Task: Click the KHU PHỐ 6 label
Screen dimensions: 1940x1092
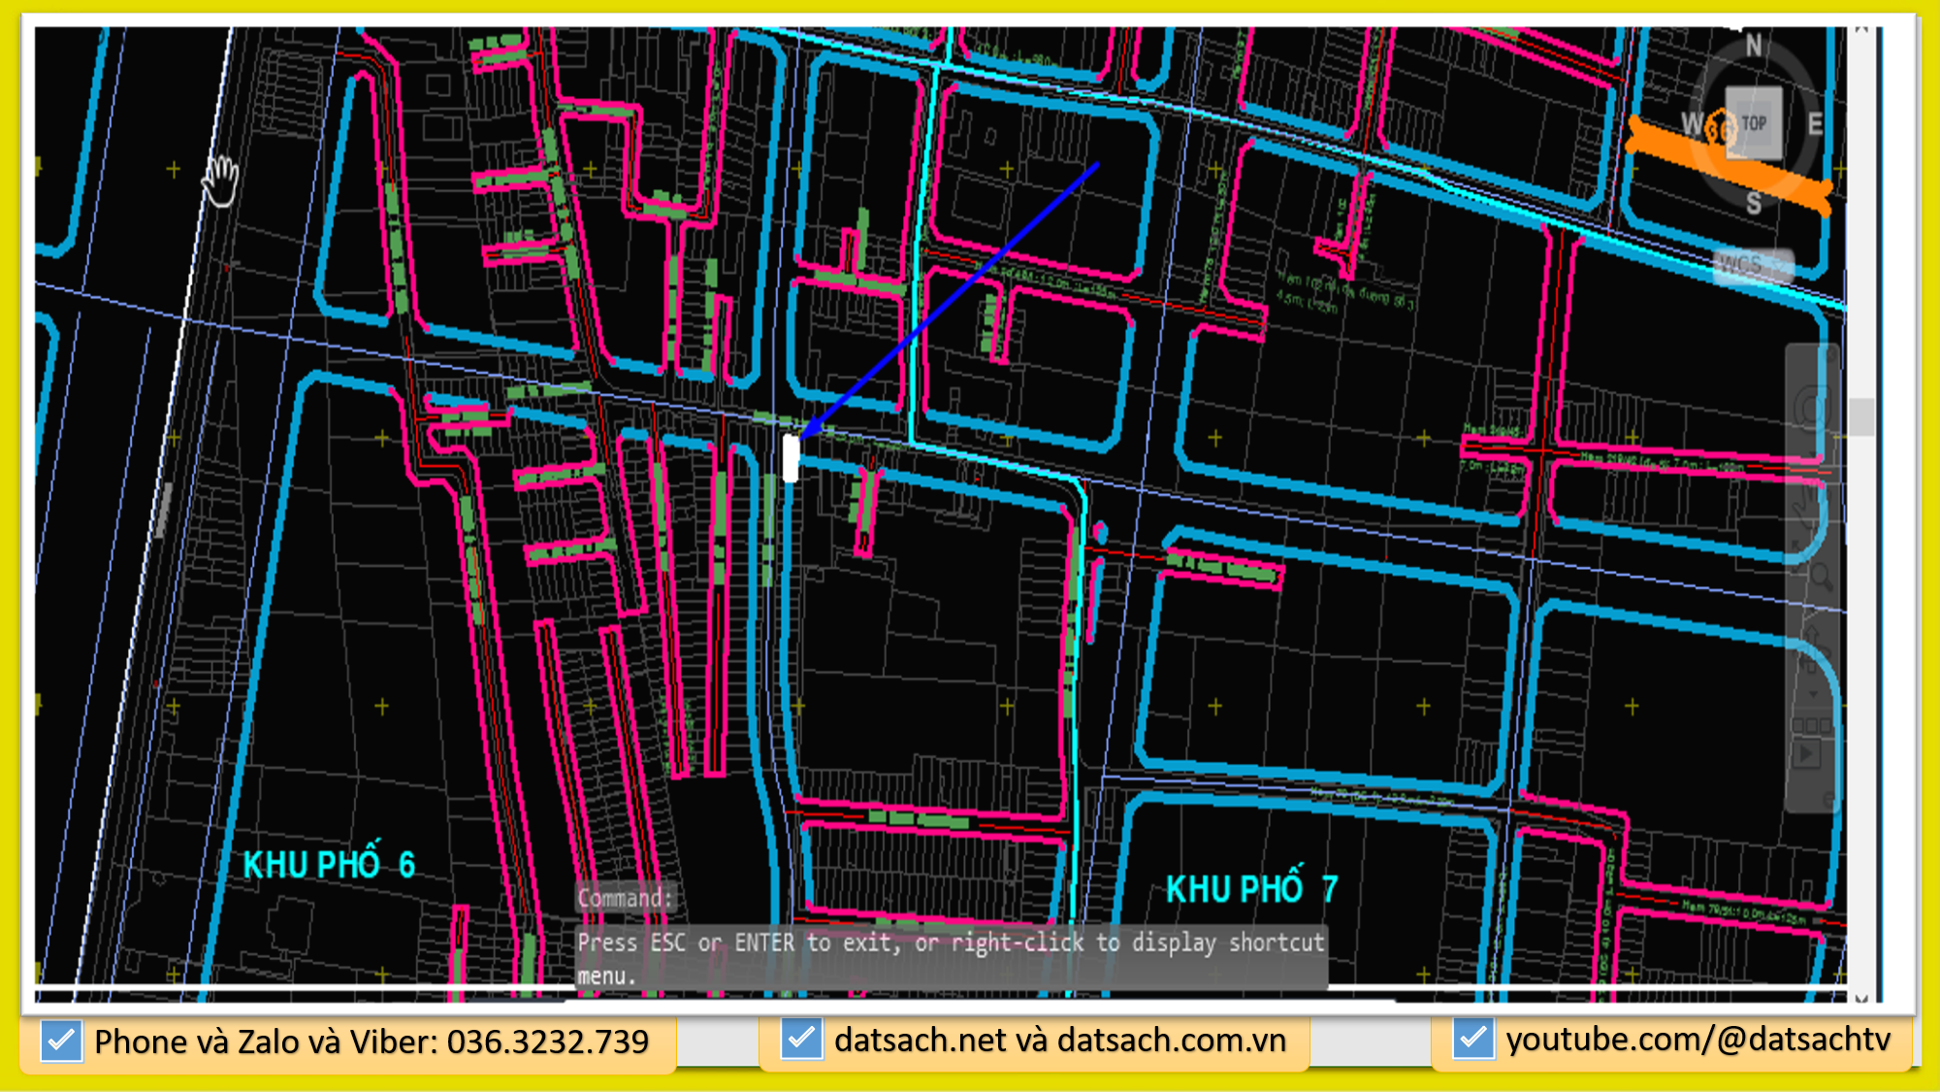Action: click(329, 864)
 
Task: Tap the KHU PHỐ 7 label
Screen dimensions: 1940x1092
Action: click(1251, 888)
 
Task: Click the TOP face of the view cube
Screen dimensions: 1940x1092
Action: click(1754, 123)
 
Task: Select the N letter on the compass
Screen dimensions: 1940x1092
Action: click(1754, 46)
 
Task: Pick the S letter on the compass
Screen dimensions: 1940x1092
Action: click(1754, 203)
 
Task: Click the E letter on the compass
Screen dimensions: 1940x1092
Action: click(1815, 124)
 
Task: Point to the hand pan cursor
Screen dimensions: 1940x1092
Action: click(221, 180)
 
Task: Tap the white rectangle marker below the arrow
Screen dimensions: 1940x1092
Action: click(791, 458)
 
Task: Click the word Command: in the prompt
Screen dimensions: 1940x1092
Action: click(624, 898)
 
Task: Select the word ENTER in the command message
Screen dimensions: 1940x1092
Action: click(764, 943)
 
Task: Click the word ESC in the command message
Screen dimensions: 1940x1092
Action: click(668, 943)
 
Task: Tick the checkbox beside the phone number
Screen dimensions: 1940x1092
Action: click(61, 1042)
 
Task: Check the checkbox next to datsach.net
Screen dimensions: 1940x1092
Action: click(801, 1040)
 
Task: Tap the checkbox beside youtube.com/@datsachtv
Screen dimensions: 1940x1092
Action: click(1472, 1040)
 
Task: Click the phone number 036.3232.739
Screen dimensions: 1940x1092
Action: click(547, 1042)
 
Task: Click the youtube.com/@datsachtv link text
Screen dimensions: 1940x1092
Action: click(1697, 1040)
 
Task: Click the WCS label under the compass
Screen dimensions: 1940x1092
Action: click(1740, 264)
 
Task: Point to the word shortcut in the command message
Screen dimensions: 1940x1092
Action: click(1276, 943)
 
